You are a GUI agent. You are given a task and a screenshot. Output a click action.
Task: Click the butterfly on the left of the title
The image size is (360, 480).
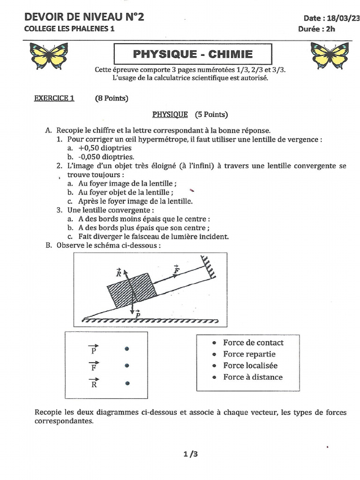49,55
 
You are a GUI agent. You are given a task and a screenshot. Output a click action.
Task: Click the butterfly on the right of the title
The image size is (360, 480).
330,55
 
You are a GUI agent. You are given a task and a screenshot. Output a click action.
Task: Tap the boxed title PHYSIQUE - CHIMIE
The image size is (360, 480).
193,54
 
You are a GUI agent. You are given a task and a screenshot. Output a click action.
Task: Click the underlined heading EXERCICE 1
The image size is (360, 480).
54,98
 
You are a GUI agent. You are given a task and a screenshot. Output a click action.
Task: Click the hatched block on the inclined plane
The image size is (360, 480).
128,290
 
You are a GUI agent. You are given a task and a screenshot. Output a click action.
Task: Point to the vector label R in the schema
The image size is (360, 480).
119,273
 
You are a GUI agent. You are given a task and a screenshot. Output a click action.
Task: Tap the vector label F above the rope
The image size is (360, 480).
176,270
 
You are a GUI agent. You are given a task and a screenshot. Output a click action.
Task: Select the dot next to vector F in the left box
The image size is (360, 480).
127,366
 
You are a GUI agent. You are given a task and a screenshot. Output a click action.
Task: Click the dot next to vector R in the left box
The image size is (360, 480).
127,383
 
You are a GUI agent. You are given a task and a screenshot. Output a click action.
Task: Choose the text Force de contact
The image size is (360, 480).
253,343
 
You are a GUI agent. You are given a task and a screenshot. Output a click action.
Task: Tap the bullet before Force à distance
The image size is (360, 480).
214,377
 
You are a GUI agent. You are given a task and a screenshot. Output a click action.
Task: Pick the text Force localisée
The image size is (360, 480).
250,366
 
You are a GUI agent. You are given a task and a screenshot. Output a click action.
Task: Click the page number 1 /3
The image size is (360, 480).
191,454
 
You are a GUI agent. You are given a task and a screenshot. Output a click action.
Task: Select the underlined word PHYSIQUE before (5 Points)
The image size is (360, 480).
170,114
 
